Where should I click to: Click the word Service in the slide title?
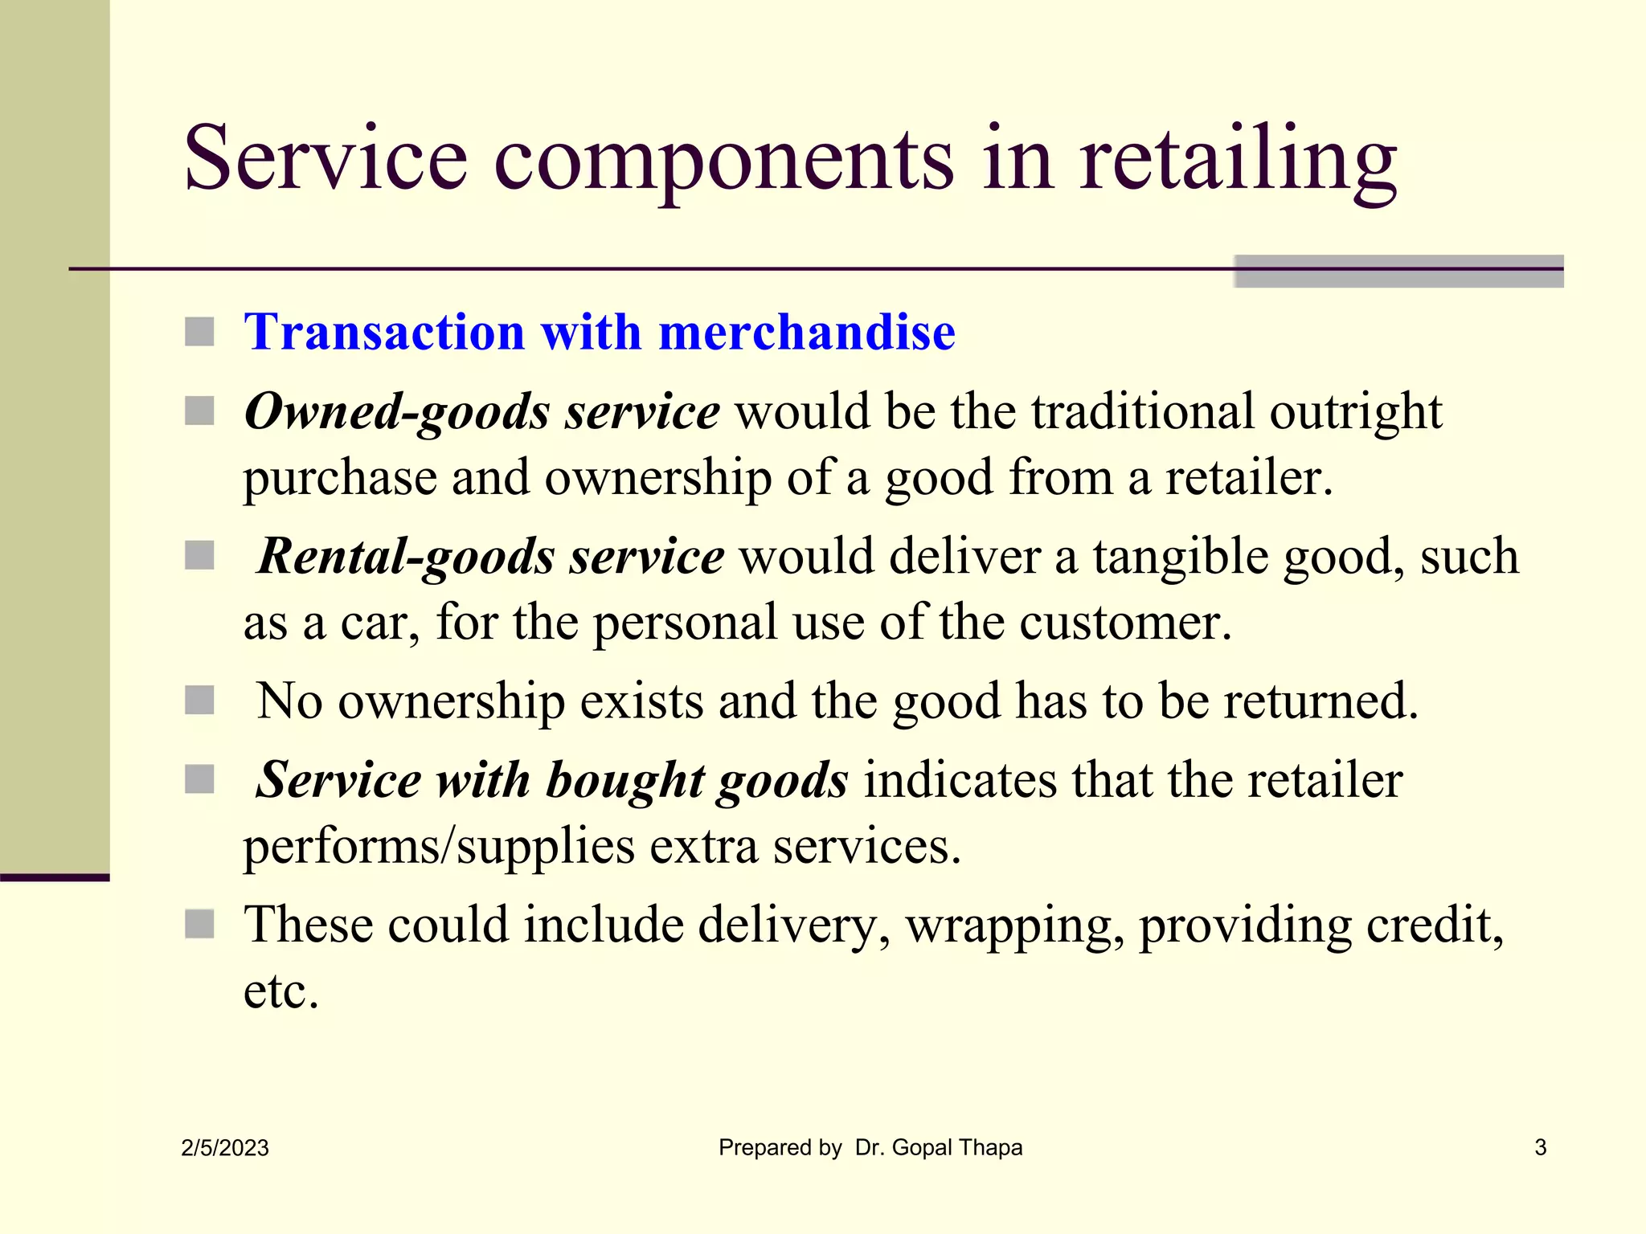coord(326,158)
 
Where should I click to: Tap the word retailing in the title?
coord(1237,158)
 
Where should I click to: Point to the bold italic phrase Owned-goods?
coord(397,412)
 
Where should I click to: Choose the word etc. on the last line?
coord(281,991)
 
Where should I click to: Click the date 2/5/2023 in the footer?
coord(225,1148)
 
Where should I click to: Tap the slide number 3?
coord(1540,1147)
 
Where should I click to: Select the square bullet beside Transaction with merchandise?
coord(199,332)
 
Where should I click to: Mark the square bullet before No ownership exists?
coord(199,701)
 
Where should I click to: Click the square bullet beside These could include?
coord(199,924)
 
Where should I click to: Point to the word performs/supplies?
coord(439,847)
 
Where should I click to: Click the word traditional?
coord(1142,412)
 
